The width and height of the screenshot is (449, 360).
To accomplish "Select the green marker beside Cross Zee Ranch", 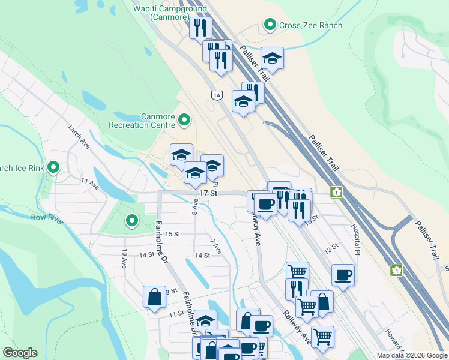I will tap(270, 25).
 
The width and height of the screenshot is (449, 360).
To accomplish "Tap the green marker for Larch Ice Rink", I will tap(53, 168).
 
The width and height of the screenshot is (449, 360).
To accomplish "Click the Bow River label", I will tap(47, 217).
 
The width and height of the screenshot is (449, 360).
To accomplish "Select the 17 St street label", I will tap(207, 194).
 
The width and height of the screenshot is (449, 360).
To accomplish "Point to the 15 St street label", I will tap(173, 233).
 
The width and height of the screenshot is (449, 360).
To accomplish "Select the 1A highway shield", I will tap(217, 95).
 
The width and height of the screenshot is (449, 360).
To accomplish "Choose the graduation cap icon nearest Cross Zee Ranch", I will tap(272, 58).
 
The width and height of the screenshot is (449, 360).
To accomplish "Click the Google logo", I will tap(20, 353).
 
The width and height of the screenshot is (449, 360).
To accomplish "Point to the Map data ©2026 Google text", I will tap(412, 355).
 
